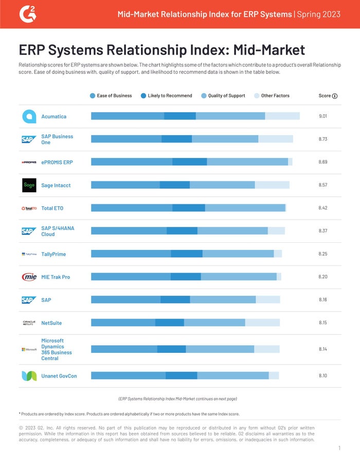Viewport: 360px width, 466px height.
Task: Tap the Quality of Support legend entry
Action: coord(223,96)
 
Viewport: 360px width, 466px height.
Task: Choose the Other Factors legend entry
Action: coord(272,96)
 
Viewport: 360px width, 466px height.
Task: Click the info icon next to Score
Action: coord(335,96)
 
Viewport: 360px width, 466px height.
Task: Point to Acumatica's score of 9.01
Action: coord(323,116)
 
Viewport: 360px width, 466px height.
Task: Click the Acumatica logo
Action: coord(29,116)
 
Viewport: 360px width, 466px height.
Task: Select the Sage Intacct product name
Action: coord(56,185)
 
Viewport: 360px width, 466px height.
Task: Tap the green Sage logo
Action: coord(29,185)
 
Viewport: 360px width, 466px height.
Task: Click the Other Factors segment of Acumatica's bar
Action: coord(282,116)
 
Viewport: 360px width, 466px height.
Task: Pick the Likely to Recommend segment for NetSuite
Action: coord(170,322)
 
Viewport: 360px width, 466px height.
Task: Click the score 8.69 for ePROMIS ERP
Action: coord(323,162)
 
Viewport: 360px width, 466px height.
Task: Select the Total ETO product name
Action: coord(52,208)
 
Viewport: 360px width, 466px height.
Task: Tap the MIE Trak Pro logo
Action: coord(29,277)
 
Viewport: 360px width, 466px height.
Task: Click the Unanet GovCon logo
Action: coord(29,376)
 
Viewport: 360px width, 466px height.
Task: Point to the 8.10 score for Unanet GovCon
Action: coord(323,376)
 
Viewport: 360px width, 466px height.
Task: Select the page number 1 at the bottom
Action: coord(339,449)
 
